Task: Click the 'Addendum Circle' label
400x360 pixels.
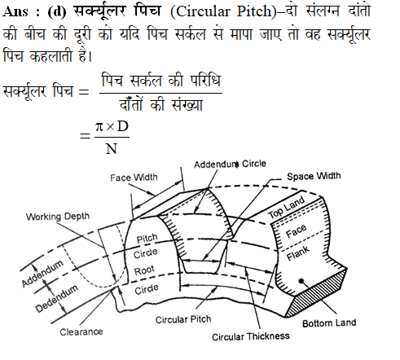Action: [x=230, y=165]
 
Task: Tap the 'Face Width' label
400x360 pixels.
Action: [x=134, y=178]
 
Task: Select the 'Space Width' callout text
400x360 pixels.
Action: [x=314, y=176]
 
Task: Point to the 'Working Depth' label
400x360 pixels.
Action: [x=58, y=217]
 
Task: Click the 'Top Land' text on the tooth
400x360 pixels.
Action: [x=287, y=207]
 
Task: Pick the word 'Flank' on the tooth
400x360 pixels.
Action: [x=298, y=253]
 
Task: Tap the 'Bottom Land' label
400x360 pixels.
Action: [x=329, y=323]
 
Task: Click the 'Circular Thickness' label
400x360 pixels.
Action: [x=251, y=336]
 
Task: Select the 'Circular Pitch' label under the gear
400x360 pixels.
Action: [x=183, y=319]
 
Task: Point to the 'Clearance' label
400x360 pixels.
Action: [x=81, y=331]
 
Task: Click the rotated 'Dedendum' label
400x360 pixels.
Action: [x=57, y=298]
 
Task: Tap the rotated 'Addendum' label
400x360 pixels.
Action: [x=42, y=273]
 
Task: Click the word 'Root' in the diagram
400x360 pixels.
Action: [x=144, y=270]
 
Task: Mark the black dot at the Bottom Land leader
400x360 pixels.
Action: [x=301, y=281]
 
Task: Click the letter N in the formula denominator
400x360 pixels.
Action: [x=112, y=149]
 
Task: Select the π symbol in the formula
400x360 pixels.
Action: [x=99, y=127]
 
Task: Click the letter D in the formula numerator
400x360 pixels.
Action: [x=122, y=126]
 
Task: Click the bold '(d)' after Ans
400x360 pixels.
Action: [x=57, y=11]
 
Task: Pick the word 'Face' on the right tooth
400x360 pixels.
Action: [x=296, y=230]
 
